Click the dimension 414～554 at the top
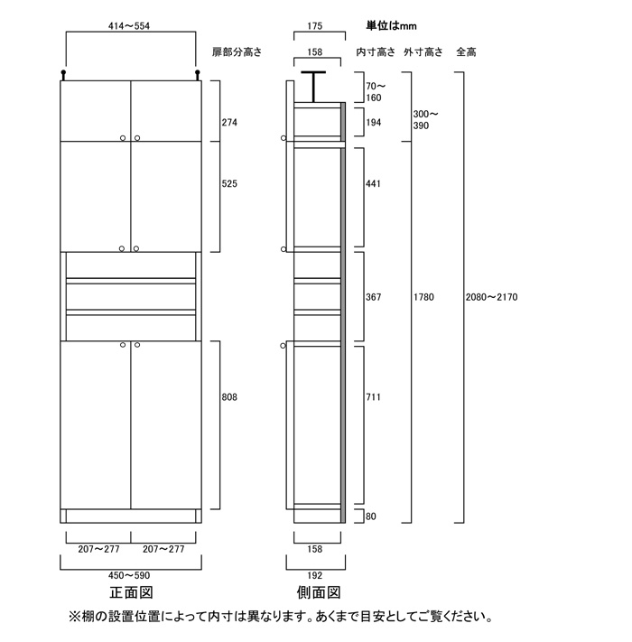point(129,26)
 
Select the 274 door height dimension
point(229,123)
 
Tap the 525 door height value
point(229,184)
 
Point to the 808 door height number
point(229,397)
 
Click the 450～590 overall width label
point(129,576)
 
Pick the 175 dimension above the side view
point(315,26)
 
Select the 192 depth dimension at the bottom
point(315,576)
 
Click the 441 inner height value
point(373,184)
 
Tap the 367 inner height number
point(373,297)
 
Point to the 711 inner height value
point(373,397)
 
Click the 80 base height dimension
point(371,516)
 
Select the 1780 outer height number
point(423,297)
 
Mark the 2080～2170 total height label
point(491,297)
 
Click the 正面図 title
point(131,592)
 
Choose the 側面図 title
point(319,592)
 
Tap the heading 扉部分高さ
point(237,52)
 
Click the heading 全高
point(466,52)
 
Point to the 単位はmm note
point(391,26)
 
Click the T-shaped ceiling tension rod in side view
point(313,87)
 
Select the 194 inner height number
point(373,123)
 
